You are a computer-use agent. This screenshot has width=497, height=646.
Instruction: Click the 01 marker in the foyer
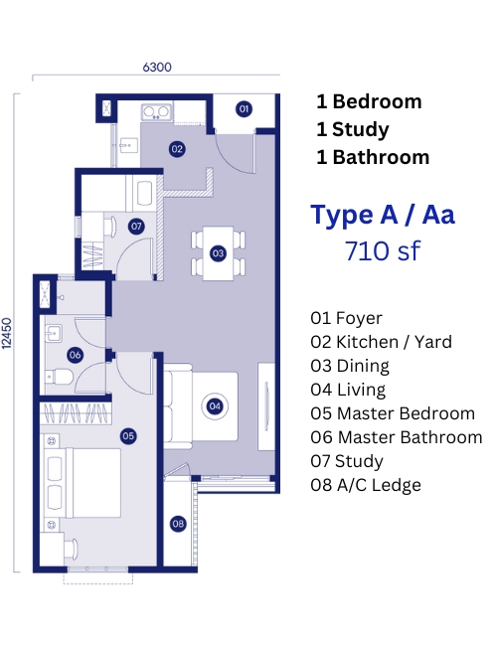coord(244,108)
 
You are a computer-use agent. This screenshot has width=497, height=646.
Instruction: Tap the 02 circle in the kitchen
coord(177,149)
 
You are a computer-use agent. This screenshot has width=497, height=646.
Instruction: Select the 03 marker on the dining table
coord(218,253)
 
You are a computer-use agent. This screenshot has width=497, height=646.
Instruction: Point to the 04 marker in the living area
coord(215,406)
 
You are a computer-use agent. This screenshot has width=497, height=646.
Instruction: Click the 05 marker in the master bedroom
coord(128,436)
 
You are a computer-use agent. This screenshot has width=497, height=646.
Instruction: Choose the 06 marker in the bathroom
coord(75,355)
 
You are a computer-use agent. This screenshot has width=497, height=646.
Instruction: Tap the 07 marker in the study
coord(136,226)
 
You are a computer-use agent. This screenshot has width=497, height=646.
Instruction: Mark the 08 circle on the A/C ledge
coord(178,524)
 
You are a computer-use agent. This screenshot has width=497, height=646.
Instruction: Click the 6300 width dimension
coord(157,68)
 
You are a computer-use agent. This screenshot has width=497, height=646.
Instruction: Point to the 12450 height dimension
coord(7,333)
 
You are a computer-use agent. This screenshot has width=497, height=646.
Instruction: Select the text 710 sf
coord(383,250)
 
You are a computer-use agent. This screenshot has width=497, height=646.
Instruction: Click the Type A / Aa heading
coord(383,215)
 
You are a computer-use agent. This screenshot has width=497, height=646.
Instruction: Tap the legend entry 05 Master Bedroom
coord(393,413)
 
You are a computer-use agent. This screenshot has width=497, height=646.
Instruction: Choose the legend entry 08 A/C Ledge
coord(366,485)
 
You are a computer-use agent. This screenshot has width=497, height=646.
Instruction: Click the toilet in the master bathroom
coord(59,377)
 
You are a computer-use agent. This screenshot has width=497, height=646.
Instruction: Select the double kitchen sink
coord(156,111)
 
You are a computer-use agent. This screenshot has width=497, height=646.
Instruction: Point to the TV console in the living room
coord(266,406)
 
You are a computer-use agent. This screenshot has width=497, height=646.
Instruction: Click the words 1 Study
coord(353,129)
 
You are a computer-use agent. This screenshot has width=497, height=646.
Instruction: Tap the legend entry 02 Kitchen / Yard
coord(381,342)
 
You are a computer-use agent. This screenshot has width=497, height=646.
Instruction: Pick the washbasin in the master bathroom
coord(54,333)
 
